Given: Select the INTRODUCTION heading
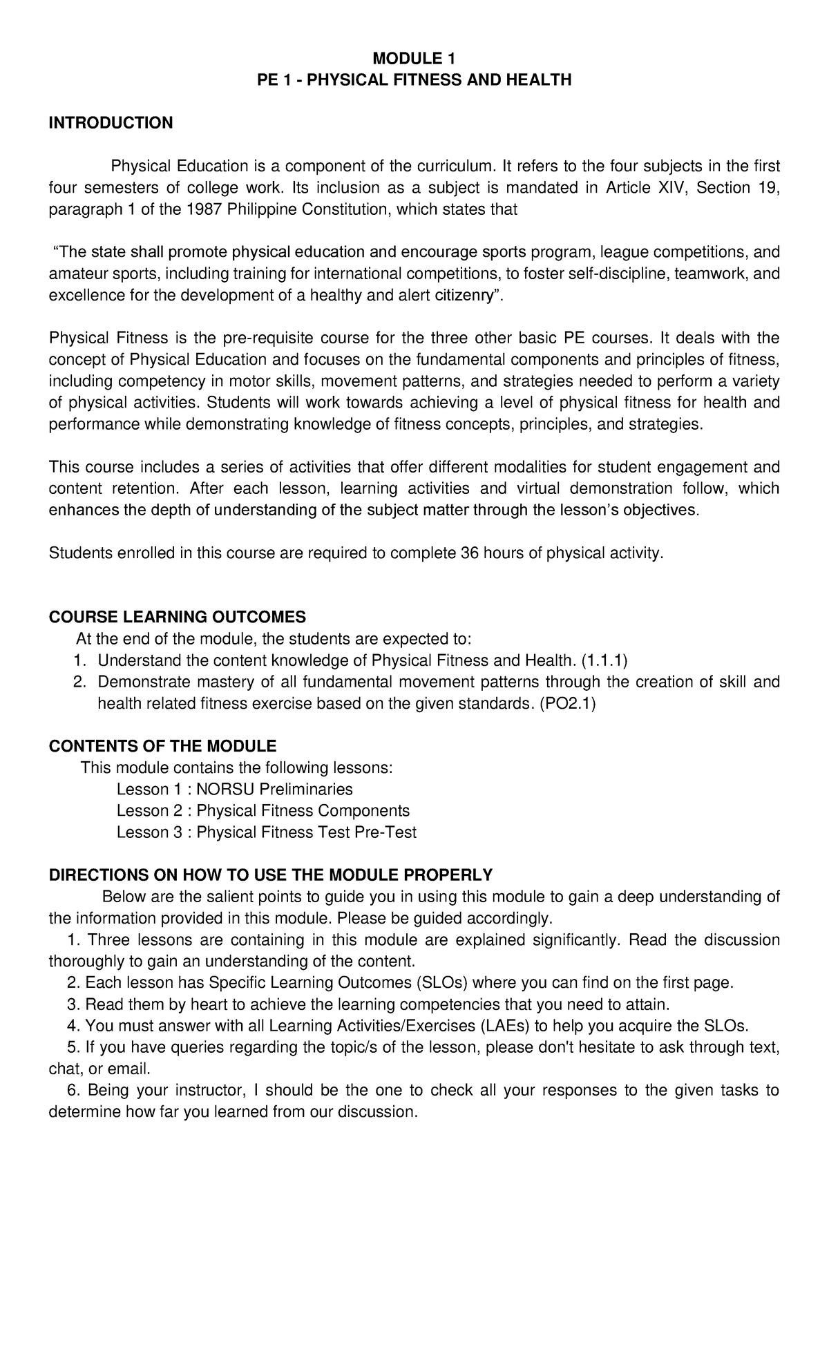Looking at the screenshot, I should click(x=111, y=123).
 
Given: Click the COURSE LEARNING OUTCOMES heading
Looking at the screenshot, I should click(x=177, y=617).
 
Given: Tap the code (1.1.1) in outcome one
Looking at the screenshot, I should click(x=604, y=660).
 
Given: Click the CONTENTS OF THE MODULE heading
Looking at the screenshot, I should click(x=162, y=746).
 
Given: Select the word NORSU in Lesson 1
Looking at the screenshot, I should click(x=221, y=789).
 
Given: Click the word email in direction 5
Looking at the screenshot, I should click(x=126, y=1069).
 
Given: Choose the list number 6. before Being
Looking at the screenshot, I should click(x=74, y=1090).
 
